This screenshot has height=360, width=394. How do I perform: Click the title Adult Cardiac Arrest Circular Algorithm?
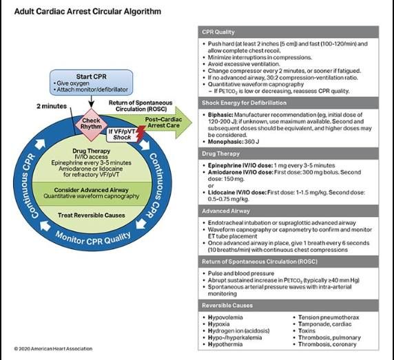[x=87, y=12]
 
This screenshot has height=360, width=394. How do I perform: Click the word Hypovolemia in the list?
[x=225, y=316]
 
